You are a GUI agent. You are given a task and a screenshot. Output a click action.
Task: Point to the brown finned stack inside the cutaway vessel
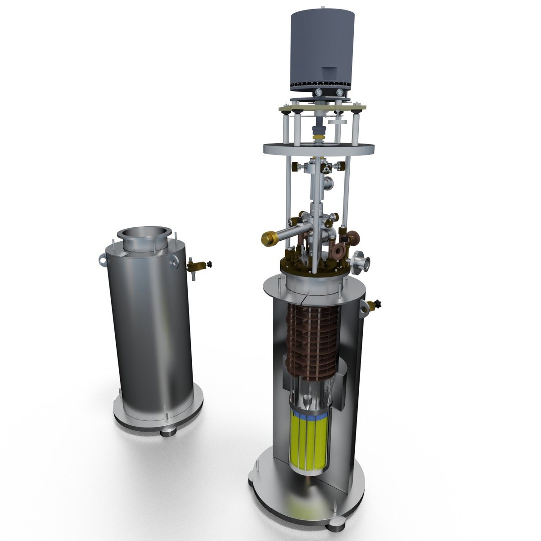(x=311, y=341)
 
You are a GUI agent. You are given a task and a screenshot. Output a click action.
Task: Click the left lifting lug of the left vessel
(x=102, y=260)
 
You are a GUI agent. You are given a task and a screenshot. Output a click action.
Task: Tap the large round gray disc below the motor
(x=320, y=148)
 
